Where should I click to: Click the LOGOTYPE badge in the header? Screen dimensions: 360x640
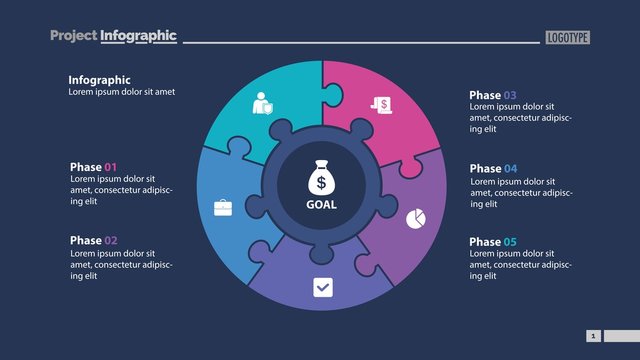click(568, 37)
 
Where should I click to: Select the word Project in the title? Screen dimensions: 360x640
click(73, 36)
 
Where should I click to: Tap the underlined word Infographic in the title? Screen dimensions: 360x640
click(138, 36)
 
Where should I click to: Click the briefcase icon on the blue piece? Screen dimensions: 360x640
click(223, 208)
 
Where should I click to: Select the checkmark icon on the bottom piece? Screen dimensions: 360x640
click(322, 287)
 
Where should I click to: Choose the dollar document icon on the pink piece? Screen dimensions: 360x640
click(380, 104)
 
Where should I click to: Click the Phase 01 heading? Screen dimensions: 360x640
click(94, 167)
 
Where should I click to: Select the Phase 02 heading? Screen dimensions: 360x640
click(94, 240)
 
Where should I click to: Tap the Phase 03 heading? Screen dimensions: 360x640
click(493, 95)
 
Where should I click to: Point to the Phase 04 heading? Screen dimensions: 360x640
click(493, 168)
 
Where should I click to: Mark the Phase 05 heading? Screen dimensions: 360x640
click(493, 242)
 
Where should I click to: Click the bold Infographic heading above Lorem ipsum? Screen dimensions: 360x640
click(99, 80)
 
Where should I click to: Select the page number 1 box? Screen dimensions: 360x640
click(593, 336)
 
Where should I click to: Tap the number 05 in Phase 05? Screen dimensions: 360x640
click(510, 242)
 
